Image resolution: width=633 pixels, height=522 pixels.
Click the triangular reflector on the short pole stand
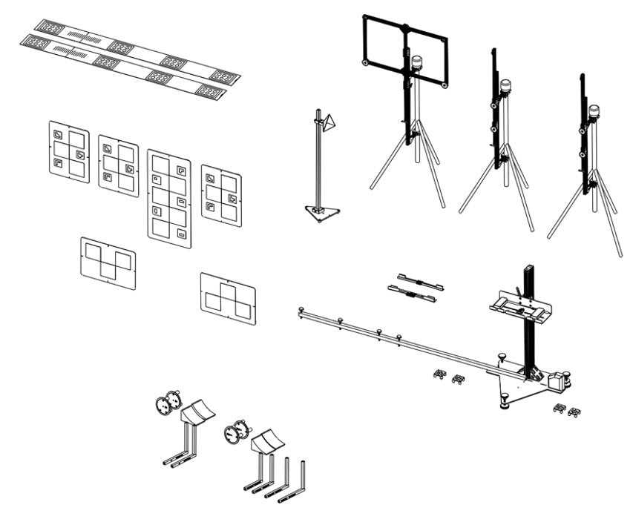coord(330,122)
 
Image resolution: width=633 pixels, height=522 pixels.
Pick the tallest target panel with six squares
coord(169,198)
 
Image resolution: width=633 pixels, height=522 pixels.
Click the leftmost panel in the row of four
coord(69,152)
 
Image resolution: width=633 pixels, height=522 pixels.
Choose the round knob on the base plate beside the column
coord(501,357)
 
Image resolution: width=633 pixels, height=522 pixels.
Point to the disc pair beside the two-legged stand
coord(168,402)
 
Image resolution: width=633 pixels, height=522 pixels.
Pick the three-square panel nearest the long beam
coord(228,297)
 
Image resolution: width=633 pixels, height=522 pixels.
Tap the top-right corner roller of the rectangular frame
coord(445,85)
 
